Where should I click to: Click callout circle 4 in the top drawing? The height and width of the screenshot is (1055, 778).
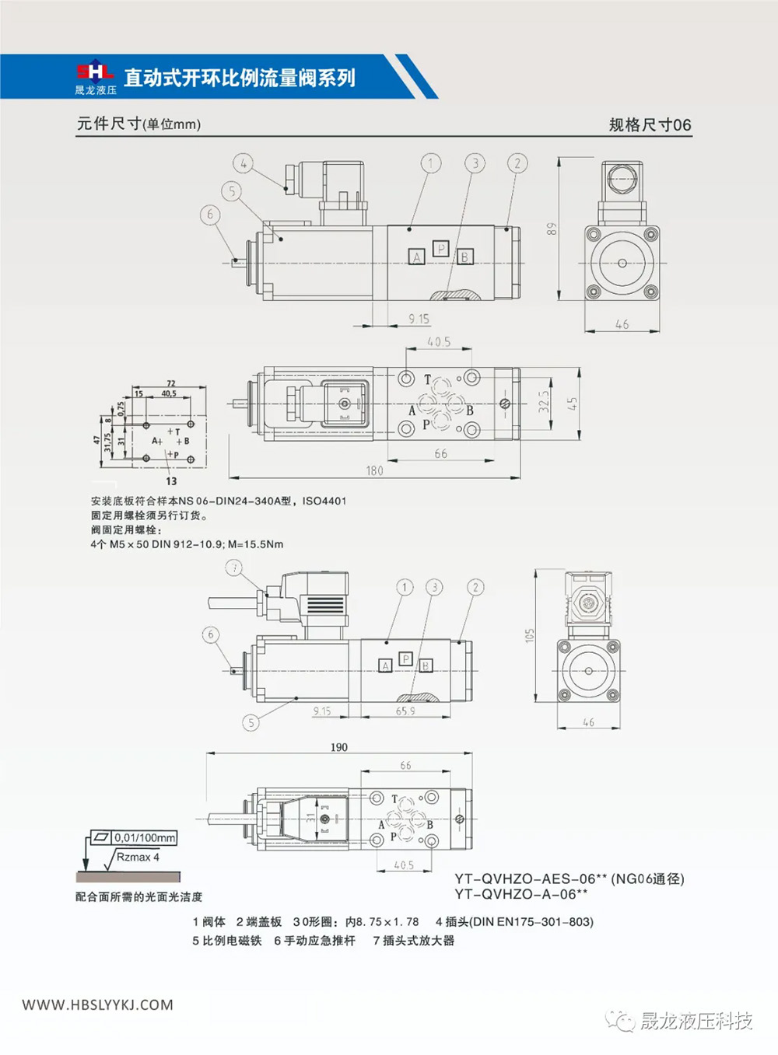pyautogui.click(x=244, y=163)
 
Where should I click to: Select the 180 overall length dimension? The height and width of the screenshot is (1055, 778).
pyautogui.click(x=374, y=470)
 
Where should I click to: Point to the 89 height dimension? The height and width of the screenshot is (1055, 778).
pyautogui.click(x=552, y=229)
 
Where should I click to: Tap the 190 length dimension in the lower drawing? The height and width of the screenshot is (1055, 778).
pyautogui.click(x=339, y=747)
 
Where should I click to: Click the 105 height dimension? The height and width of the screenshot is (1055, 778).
pyautogui.click(x=530, y=635)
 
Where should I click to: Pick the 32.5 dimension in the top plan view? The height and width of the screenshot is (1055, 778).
pyautogui.click(x=544, y=402)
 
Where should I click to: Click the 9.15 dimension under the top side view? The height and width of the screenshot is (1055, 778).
pyautogui.click(x=419, y=319)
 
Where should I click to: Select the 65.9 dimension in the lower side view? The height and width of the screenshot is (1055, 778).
pyautogui.click(x=405, y=711)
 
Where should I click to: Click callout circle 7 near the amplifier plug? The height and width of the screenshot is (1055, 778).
pyautogui.click(x=233, y=568)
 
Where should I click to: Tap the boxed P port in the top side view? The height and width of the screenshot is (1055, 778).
pyautogui.click(x=441, y=249)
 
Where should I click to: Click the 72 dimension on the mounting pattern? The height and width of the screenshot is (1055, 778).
pyautogui.click(x=171, y=383)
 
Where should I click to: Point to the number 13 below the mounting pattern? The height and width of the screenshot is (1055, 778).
pyautogui.click(x=171, y=481)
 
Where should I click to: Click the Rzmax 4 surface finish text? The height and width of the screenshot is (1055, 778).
pyautogui.click(x=138, y=857)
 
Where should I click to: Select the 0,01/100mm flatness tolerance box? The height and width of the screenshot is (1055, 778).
pyautogui.click(x=145, y=837)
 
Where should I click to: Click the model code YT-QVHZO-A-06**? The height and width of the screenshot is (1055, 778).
pyautogui.click(x=521, y=894)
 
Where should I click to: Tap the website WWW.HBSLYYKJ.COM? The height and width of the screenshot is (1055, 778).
pyautogui.click(x=98, y=1004)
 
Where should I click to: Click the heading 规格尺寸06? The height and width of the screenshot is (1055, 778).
pyautogui.click(x=650, y=125)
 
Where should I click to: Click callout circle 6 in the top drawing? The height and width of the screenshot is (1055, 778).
pyautogui.click(x=210, y=215)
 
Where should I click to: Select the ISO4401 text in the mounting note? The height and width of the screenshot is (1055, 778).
pyautogui.click(x=324, y=501)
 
